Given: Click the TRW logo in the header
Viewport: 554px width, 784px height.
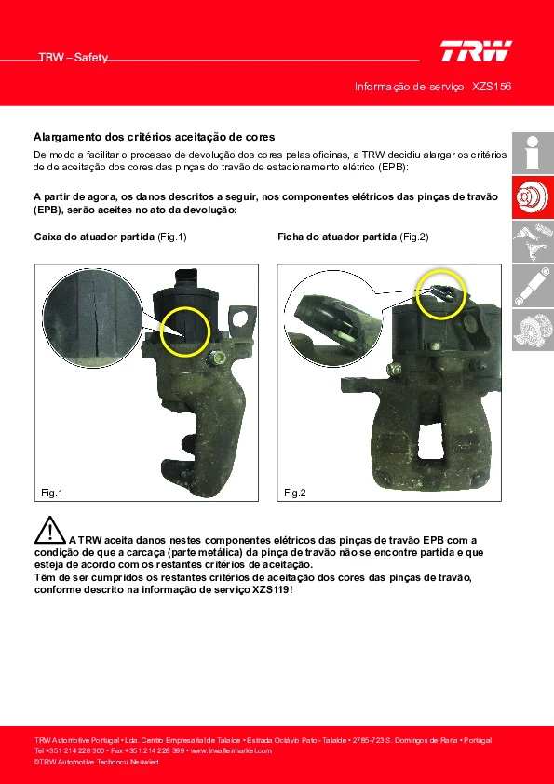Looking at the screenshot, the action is click(x=476, y=51).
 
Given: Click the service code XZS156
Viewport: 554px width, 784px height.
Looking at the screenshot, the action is click(x=492, y=87).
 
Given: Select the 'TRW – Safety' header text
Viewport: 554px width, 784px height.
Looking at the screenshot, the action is click(x=74, y=58).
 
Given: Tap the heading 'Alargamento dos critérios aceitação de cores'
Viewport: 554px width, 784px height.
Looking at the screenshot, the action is click(x=154, y=137).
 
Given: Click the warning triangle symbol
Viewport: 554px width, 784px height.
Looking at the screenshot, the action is click(x=49, y=530).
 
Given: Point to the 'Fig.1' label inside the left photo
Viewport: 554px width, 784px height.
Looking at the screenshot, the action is click(x=52, y=493).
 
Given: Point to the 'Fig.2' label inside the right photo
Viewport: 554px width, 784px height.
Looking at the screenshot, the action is click(x=294, y=493).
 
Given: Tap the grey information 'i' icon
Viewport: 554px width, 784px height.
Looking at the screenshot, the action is click(x=533, y=154).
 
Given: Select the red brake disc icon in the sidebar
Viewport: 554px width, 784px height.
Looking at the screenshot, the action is click(x=533, y=197).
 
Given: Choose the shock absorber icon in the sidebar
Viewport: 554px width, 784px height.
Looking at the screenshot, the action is click(x=533, y=286).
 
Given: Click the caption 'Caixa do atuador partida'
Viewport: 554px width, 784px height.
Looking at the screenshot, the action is click(x=94, y=237).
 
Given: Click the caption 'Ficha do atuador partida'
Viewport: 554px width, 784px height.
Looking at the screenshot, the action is click(x=337, y=237).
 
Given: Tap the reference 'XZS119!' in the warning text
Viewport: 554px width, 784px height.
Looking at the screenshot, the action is click(x=273, y=589).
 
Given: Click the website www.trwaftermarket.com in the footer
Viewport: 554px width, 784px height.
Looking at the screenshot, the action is click(x=232, y=750).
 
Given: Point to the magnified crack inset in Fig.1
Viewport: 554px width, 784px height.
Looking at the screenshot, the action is click(x=92, y=318).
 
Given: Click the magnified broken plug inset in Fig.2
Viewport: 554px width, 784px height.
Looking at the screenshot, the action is click(x=333, y=319).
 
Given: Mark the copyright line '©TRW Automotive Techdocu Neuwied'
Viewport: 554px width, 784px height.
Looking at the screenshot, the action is click(x=96, y=762).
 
